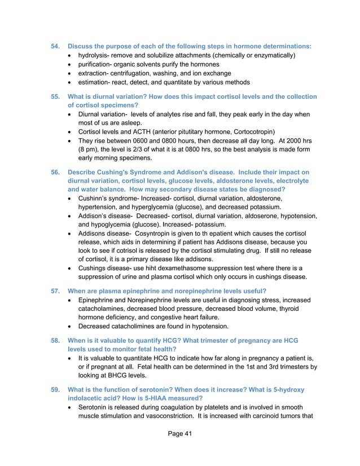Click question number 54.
(x=56, y=45)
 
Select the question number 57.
(x=56, y=291)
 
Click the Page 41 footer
(x=179, y=449)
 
